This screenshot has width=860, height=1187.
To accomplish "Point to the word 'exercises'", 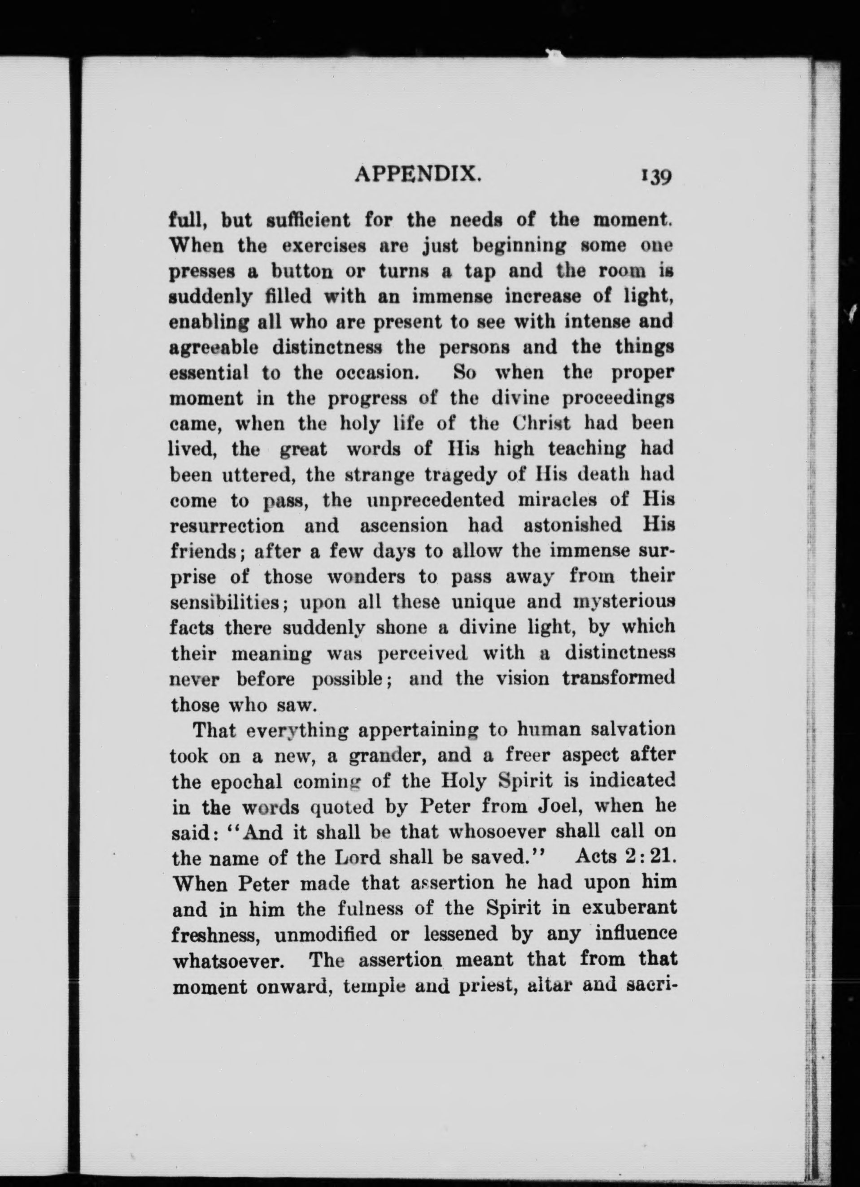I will pos(321,246).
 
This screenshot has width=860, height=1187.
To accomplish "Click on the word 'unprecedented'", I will pos(435,500).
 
